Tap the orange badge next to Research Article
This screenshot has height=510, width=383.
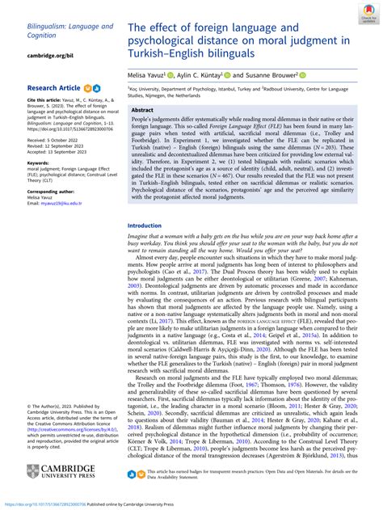tap(88, 86)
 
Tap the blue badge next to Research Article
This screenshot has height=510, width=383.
tap(98, 86)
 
